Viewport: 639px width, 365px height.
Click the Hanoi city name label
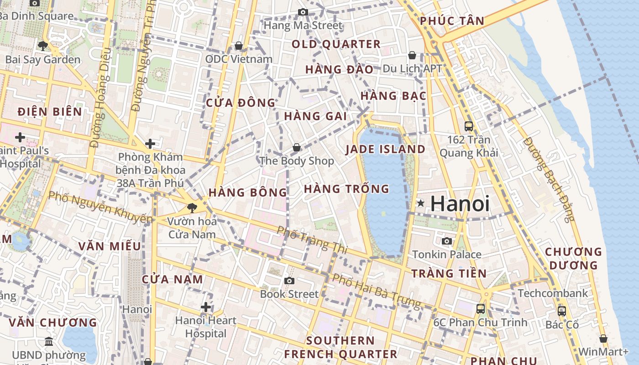[460, 203]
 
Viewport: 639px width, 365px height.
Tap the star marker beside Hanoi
[420, 203]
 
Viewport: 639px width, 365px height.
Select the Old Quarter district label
[336, 44]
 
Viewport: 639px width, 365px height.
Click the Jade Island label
[385, 149]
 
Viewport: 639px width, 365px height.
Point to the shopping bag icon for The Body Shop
[297, 148]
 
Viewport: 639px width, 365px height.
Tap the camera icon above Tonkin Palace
[447, 241]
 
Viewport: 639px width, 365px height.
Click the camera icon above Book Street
[289, 281]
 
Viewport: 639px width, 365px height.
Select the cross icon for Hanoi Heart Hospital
[206, 307]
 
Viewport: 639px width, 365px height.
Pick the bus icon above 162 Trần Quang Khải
[469, 126]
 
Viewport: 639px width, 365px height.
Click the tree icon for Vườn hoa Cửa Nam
[192, 208]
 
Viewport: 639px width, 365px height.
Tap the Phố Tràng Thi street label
[312, 240]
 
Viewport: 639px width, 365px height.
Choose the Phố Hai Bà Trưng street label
[377, 291]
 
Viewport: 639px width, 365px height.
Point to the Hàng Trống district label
[346, 189]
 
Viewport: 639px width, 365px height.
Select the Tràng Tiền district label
[449, 274]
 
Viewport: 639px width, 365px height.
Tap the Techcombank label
[553, 293]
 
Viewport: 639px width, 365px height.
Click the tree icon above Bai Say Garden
[43, 46]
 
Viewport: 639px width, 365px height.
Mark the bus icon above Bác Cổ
[562, 311]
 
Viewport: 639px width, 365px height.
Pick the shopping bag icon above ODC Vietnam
[238, 46]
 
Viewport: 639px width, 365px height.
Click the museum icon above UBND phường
[49, 341]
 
